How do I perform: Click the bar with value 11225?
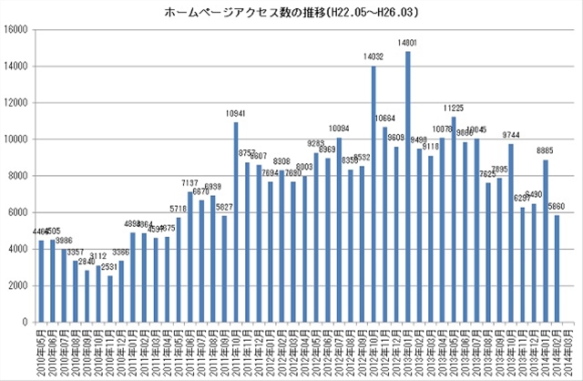point(454,220)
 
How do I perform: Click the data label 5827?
point(224,207)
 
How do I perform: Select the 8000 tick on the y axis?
point(19,176)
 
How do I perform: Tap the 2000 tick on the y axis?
point(19,285)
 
